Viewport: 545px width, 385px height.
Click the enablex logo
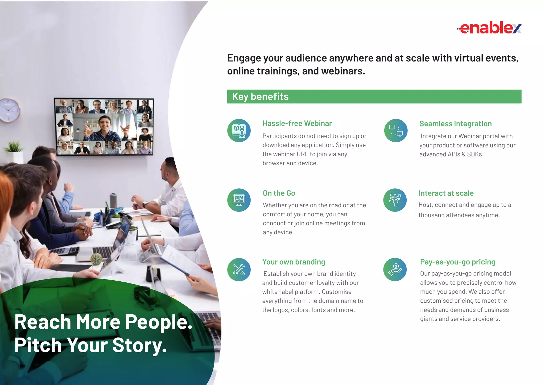pyautogui.click(x=489, y=28)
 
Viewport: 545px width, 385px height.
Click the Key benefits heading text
pyautogui.click(x=260, y=97)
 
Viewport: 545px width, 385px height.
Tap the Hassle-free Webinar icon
pyautogui.click(x=239, y=130)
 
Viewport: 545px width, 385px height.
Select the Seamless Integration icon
pyautogui.click(x=396, y=130)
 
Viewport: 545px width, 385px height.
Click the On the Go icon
pyautogui.click(x=239, y=200)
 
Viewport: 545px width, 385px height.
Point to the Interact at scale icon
pyautogui.click(x=395, y=200)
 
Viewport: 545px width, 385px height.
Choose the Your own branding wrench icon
pyautogui.click(x=239, y=270)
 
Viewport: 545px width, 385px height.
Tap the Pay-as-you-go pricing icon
pyautogui.click(x=395, y=270)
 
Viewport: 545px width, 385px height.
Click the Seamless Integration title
pyautogui.click(x=455, y=124)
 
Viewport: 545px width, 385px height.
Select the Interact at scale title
pyautogui.click(x=446, y=193)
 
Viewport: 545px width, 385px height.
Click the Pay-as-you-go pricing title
pyautogui.click(x=457, y=262)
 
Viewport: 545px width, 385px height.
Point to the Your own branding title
pyautogui.click(x=294, y=262)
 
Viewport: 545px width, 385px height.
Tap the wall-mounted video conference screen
pyautogui.click(x=104, y=127)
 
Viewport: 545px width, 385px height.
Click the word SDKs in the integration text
pyautogui.click(x=475, y=154)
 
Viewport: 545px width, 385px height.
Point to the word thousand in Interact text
pyautogui.click(x=431, y=215)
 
